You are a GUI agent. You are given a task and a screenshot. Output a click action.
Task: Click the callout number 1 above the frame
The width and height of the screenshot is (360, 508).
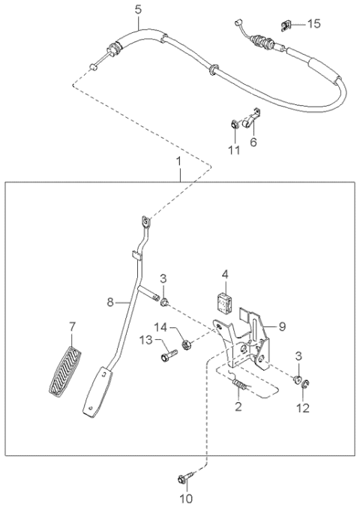pyautogui.click(x=178, y=161)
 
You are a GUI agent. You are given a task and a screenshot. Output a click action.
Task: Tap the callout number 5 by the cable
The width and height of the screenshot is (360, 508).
pyautogui.click(x=137, y=10)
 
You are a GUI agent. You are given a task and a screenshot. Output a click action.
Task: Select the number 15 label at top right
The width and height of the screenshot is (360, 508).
pyautogui.click(x=313, y=24)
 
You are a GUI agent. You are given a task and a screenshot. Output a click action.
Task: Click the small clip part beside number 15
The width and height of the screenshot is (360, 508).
pyautogui.click(x=286, y=26)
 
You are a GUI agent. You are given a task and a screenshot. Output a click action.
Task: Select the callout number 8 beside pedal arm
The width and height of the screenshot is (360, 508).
pyautogui.click(x=109, y=302)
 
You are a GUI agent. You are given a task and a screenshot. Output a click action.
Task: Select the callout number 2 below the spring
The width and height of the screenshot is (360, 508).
pyautogui.click(x=238, y=407)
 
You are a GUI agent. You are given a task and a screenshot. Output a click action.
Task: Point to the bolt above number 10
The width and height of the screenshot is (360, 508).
pyautogui.click(x=185, y=478)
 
